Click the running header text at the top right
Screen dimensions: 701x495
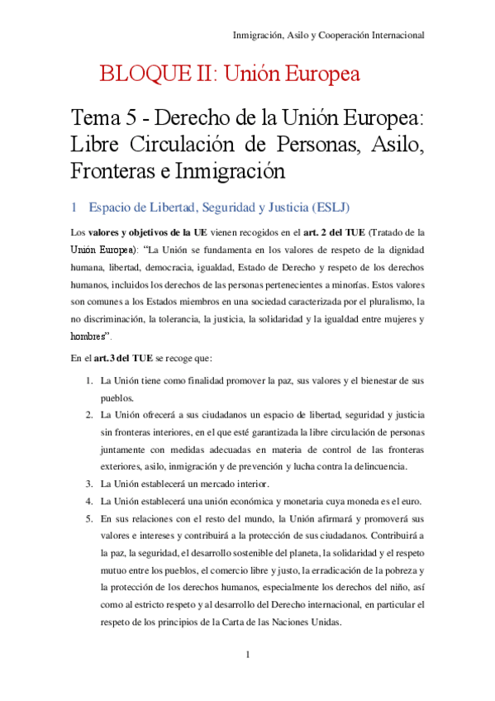coord(328,36)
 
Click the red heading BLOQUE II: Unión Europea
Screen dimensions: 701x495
coord(230,75)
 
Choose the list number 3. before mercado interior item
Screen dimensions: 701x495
coord(89,484)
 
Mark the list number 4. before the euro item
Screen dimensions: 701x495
coord(89,501)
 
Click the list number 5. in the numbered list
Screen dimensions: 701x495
coord(89,518)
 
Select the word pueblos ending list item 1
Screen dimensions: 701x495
coord(117,397)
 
